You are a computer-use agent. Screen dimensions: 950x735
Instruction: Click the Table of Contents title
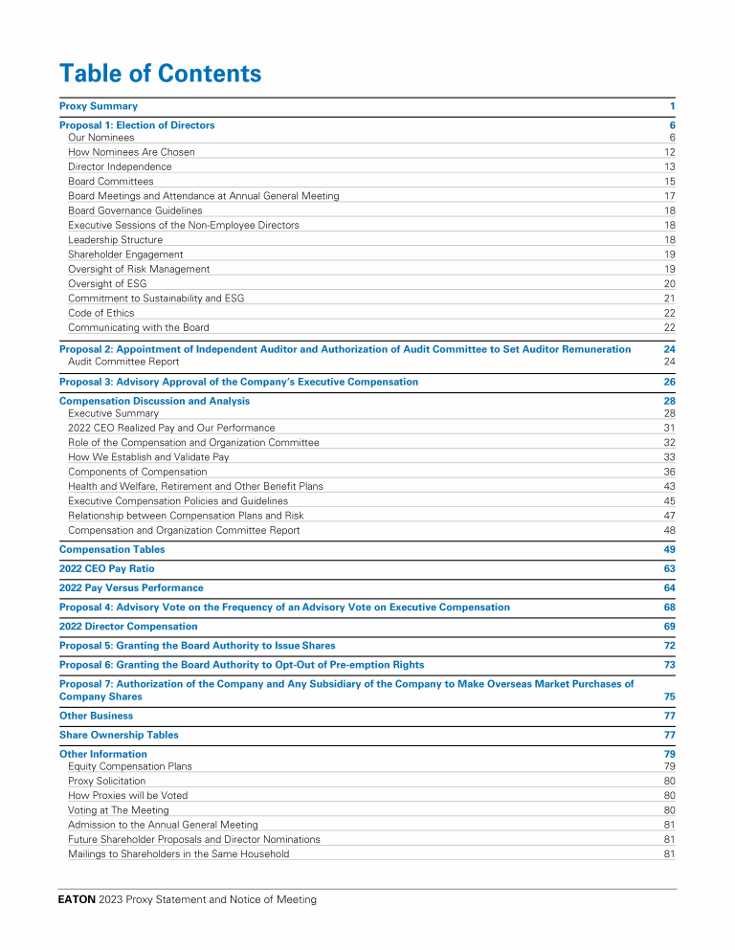click(x=160, y=74)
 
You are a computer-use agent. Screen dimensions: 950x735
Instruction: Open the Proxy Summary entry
click(x=99, y=106)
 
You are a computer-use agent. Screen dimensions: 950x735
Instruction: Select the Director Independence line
click(x=120, y=166)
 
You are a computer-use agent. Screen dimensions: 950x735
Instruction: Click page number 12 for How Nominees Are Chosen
click(x=670, y=152)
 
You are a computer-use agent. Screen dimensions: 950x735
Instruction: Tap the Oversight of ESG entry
click(x=107, y=284)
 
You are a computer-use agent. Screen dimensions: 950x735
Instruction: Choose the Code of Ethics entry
click(x=100, y=313)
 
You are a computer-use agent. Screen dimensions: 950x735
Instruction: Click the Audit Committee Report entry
click(x=123, y=362)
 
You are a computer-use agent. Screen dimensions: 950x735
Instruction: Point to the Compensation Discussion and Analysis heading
click(x=154, y=401)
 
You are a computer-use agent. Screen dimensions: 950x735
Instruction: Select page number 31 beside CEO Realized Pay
click(x=670, y=428)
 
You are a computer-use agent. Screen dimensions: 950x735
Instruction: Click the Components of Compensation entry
click(x=137, y=472)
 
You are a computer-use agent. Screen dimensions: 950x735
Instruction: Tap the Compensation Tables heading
click(x=112, y=549)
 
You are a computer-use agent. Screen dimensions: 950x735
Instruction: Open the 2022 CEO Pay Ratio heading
click(x=106, y=568)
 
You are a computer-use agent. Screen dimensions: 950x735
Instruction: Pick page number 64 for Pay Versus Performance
click(x=670, y=587)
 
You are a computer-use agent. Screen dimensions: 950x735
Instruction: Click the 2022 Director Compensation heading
click(x=128, y=627)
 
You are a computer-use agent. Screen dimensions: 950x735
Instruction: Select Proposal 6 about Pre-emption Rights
click(x=241, y=665)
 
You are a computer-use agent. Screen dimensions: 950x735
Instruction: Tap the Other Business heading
click(x=96, y=716)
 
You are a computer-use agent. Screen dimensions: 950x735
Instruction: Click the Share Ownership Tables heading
click(x=119, y=735)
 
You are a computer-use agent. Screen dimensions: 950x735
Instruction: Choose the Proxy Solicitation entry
click(x=106, y=781)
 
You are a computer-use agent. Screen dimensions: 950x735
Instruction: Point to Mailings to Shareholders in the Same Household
click(x=178, y=853)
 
